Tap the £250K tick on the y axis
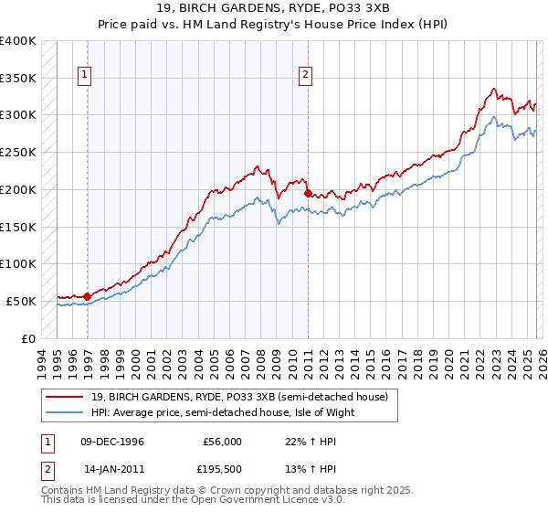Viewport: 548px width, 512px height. point(18,152)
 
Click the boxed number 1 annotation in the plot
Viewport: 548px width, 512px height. point(86,76)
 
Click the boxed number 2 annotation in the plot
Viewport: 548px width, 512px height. point(305,76)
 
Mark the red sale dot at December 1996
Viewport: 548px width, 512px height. point(87,296)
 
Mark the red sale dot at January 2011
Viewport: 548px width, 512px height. point(308,193)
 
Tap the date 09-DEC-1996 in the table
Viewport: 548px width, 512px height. point(113,442)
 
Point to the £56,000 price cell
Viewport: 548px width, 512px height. point(222,442)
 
